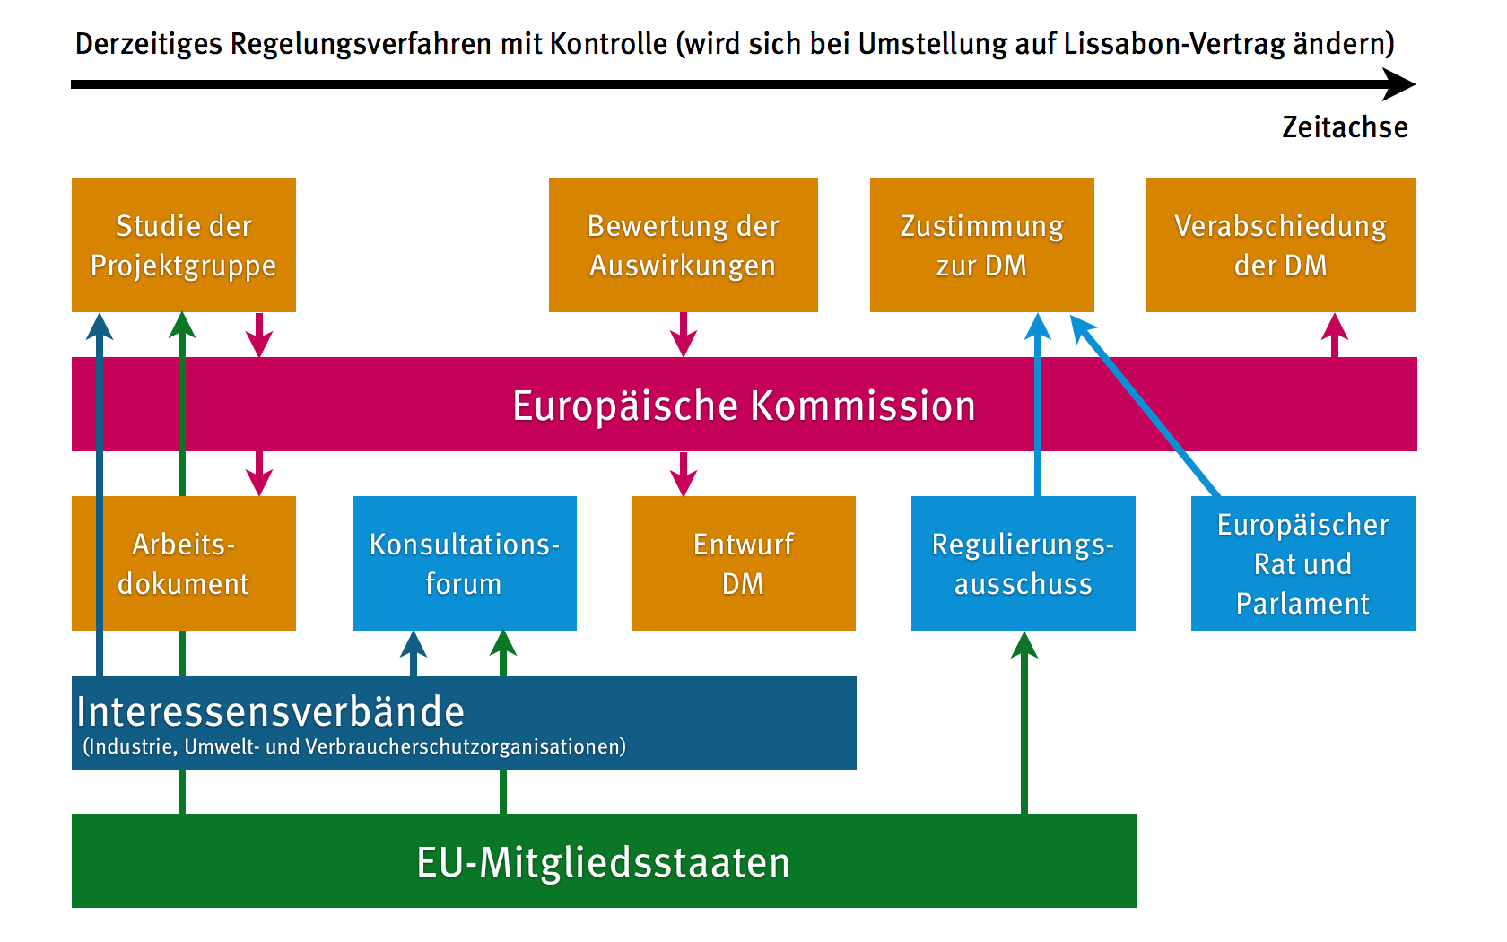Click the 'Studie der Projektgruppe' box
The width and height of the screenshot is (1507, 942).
[x=183, y=245]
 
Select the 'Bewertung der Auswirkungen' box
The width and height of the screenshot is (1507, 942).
[x=683, y=245]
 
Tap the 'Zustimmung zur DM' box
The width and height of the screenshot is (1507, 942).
[x=981, y=245]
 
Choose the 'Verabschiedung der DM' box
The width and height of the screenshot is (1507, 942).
[x=1280, y=245]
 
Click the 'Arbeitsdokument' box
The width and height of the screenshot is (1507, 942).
[x=215, y=563]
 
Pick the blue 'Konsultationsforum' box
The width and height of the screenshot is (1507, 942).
[x=464, y=563]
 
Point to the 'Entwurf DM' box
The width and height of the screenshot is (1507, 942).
[x=743, y=563]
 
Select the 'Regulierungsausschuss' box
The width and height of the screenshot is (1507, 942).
[x=1023, y=563]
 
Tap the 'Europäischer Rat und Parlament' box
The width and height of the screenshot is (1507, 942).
[x=1302, y=563]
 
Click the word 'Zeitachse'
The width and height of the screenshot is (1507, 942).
[x=1345, y=127]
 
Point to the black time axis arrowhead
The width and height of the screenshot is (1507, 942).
[x=1399, y=84]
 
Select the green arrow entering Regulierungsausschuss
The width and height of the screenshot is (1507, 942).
[x=1024, y=718]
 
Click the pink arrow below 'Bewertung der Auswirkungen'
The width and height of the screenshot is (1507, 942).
[x=684, y=335]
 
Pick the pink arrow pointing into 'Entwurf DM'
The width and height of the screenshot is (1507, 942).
[x=684, y=474]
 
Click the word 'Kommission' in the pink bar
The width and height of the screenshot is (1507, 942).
[x=863, y=406]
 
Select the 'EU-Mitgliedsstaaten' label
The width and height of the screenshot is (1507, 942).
[x=603, y=862]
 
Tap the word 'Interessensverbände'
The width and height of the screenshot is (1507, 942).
[x=270, y=711]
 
